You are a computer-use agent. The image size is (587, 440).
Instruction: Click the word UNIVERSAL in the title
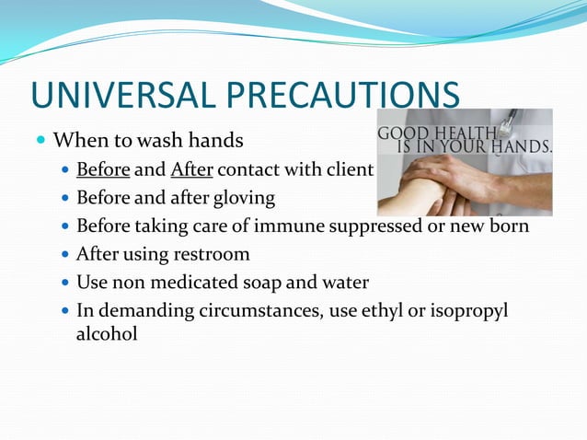pyautogui.click(x=118, y=97)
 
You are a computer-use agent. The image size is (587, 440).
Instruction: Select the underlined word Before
pyautogui.click(x=103, y=170)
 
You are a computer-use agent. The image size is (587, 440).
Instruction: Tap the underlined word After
pyautogui.click(x=191, y=170)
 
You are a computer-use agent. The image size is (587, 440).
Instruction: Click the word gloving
pyautogui.click(x=241, y=198)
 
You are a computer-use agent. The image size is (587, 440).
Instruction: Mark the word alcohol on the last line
pyautogui.click(x=107, y=333)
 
